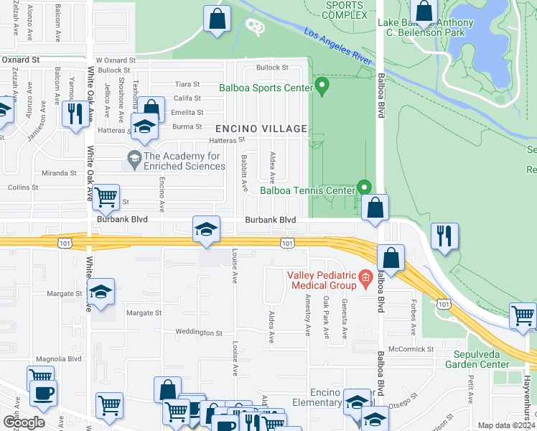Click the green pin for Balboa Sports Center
click(322, 87)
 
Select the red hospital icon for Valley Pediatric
click(365, 277)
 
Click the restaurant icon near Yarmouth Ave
click(75, 113)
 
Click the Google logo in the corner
click(24, 422)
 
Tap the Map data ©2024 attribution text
click(506, 425)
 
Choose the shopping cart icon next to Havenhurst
click(523, 315)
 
